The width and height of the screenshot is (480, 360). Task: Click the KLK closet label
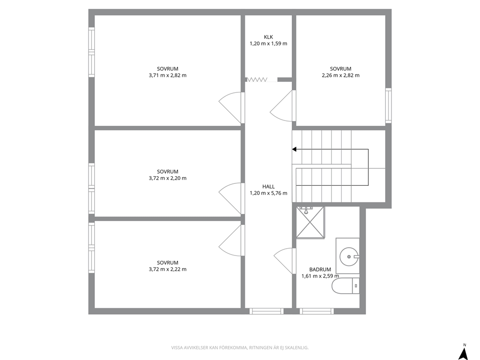tap(269, 37)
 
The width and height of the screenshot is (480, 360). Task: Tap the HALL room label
tap(269, 186)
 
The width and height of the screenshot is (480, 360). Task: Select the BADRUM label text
tap(320, 270)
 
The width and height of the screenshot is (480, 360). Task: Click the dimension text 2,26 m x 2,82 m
tap(341, 75)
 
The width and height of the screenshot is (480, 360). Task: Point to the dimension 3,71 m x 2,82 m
tap(167, 75)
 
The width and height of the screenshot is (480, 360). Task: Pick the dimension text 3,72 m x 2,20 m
tap(167, 178)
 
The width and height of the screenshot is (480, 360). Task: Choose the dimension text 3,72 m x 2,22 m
tap(167, 270)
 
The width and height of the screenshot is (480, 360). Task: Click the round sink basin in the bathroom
tap(349, 256)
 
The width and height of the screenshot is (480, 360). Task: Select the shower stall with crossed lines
tap(310, 222)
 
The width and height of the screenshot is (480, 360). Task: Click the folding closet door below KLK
tap(257, 80)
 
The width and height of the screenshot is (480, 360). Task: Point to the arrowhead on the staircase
tap(294, 150)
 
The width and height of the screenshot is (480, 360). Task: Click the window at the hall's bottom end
tap(266, 311)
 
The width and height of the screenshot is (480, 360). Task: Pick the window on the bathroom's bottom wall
tap(316, 311)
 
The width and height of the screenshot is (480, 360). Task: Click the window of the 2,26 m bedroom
tap(389, 105)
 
